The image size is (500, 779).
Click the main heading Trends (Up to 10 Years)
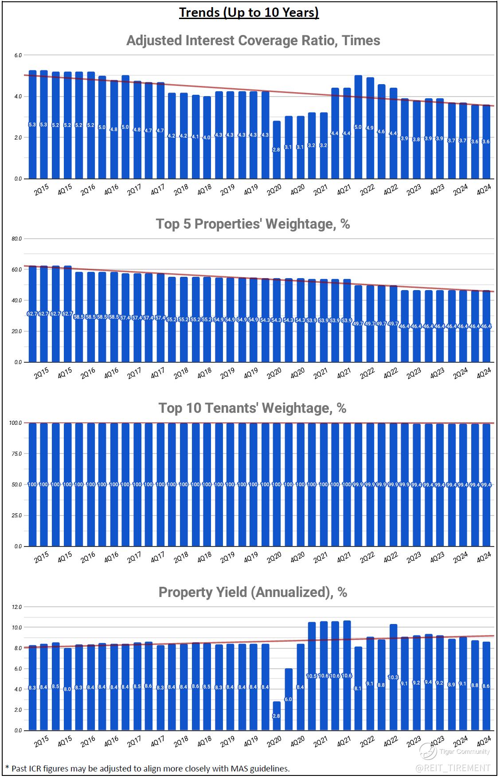(x=249, y=12)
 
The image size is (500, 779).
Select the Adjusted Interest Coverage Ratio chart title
(x=253, y=40)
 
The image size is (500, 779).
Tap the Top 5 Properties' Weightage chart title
(x=253, y=224)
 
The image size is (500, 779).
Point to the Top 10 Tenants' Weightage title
(x=252, y=407)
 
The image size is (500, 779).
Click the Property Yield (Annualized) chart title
(x=253, y=592)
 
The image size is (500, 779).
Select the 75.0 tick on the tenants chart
(x=16, y=454)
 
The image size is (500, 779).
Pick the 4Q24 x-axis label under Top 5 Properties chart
(x=484, y=373)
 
